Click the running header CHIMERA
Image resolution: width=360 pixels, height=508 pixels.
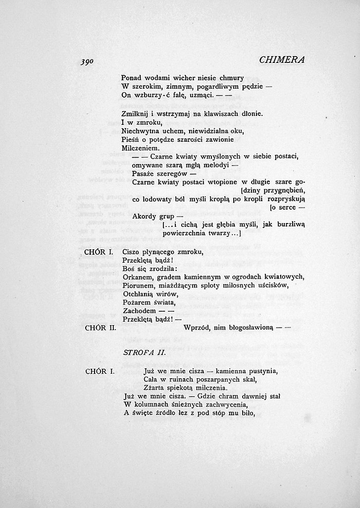281,60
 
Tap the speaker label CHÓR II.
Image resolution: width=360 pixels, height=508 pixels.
100,328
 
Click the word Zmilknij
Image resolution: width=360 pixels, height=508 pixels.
135,113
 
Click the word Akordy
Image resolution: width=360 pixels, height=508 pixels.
146,217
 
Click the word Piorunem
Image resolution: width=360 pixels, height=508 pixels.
138,285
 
